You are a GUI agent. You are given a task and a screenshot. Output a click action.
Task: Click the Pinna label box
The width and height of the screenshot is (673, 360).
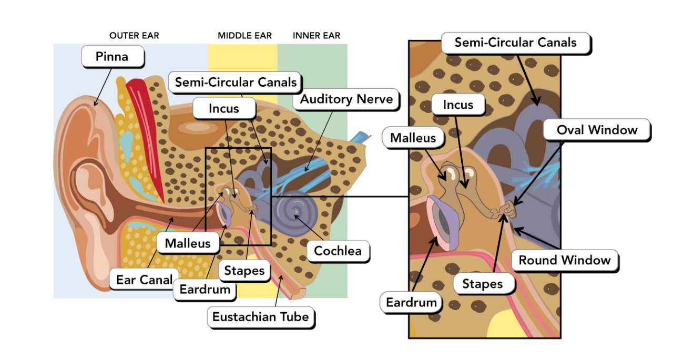pos(112,56)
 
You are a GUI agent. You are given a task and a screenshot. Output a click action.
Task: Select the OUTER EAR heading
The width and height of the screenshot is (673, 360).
pos(134,36)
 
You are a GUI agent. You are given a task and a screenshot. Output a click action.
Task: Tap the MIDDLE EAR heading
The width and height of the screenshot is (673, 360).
pos(244,36)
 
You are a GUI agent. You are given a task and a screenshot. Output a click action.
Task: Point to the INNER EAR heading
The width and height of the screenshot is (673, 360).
pos(317,36)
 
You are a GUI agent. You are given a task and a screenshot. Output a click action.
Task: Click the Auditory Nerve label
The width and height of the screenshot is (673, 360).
pos(346,99)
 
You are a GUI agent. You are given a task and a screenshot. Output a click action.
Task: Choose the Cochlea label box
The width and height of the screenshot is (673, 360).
pos(338,251)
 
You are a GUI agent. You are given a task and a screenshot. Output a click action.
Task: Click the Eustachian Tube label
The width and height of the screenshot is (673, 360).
pos(260,317)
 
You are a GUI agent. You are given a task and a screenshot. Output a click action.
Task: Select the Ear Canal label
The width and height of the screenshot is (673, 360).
pos(144,280)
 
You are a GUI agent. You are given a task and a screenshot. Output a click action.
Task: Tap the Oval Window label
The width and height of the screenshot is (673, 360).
pos(597,130)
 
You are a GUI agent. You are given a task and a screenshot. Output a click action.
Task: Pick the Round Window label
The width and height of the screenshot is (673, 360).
pos(564,260)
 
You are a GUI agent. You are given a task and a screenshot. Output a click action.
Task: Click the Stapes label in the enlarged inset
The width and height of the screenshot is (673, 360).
pos(482,284)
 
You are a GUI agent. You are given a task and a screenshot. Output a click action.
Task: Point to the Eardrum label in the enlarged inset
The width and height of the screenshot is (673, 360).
pos(411,302)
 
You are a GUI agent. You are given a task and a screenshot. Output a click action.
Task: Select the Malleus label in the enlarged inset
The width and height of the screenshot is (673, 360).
pos(413,138)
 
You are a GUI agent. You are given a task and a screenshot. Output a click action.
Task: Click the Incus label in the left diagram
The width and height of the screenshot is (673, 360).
pos(223,109)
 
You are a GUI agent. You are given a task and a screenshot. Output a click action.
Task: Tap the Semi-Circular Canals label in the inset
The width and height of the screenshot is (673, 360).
pos(515,43)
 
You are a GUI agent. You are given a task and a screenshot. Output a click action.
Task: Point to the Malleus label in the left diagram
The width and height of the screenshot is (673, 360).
pos(187,243)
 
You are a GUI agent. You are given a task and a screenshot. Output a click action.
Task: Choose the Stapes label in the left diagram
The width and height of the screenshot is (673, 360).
pos(244,271)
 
